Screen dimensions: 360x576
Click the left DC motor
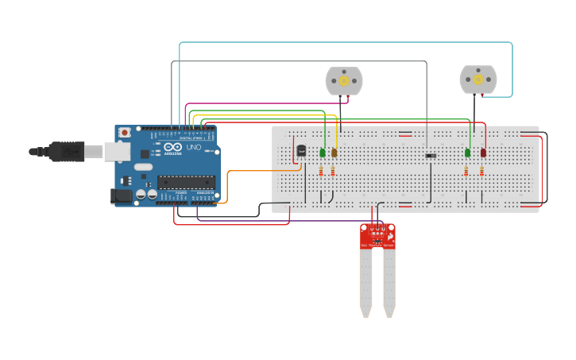pyautogui.click(x=344, y=80)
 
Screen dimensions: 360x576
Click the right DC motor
pyautogui.click(x=478, y=79)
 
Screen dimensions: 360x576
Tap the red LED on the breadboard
pyautogui.click(x=482, y=152)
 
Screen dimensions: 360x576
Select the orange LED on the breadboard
pyautogui.click(x=334, y=152)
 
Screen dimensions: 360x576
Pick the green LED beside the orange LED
pyautogui.click(x=323, y=152)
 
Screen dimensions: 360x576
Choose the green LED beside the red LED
pyautogui.click(x=467, y=152)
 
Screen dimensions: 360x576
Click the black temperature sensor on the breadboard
pyautogui.click(x=301, y=150)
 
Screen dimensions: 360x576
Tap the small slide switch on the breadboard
pyautogui.click(x=431, y=155)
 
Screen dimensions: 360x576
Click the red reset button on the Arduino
pyautogui.click(x=125, y=133)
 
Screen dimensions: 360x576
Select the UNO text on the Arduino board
pyautogui.click(x=193, y=147)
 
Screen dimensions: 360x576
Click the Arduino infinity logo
pyautogui.click(x=174, y=147)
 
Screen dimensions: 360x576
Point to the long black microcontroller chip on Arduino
pyautogui.click(x=186, y=181)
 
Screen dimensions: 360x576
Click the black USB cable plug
pyautogui.click(x=68, y=150)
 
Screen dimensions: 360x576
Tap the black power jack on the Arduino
pyautogui.click(x=122, y=195)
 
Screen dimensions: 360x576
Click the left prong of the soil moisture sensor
pyautogui.click(x=365, y=282)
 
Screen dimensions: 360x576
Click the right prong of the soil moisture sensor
pyautogui.click(x=389, y=282)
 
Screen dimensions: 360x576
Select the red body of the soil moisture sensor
pyautogui.click(x=377, y=236)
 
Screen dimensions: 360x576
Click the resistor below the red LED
pyautogui.click(x=481, y=171)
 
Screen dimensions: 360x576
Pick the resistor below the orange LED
pyautogui.click(x=333, y=171)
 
